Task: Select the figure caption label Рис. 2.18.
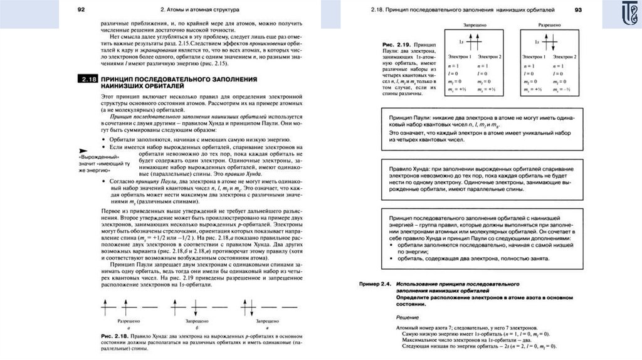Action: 115,337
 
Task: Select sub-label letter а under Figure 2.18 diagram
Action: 129,328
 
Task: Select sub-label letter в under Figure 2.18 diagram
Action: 266,328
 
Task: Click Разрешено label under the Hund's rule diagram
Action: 129,320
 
